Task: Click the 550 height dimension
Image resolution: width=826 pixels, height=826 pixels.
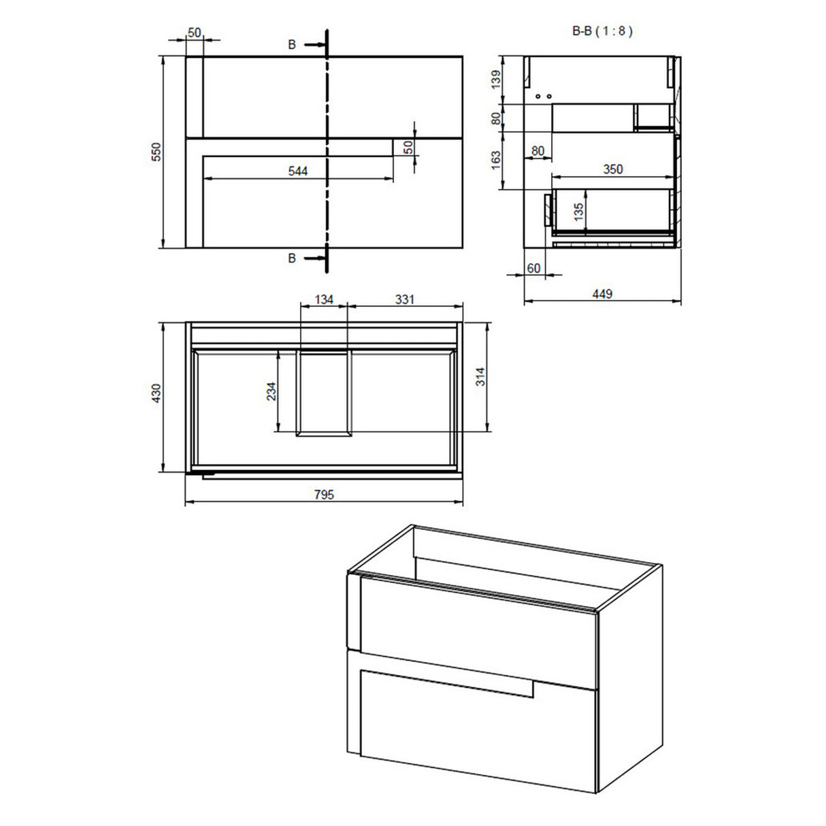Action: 156,152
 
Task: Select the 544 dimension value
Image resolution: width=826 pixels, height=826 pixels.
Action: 297,171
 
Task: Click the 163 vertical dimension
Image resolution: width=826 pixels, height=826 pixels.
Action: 496,160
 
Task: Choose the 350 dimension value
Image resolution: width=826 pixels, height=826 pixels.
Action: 612,169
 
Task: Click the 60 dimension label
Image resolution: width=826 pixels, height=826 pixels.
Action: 533,268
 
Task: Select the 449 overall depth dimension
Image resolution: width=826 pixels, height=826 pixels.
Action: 602,294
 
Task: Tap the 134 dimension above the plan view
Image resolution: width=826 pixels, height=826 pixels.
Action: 324,299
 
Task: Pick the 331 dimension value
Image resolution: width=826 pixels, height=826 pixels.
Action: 403,299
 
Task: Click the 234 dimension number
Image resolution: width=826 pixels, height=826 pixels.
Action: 271,391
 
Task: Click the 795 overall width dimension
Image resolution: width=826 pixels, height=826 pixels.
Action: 324,495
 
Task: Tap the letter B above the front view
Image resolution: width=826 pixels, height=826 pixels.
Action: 292,45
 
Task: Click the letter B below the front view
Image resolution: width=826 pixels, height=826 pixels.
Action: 292,259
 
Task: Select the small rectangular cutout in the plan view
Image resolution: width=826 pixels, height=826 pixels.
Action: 324,393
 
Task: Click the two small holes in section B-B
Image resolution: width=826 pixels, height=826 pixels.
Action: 543,97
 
